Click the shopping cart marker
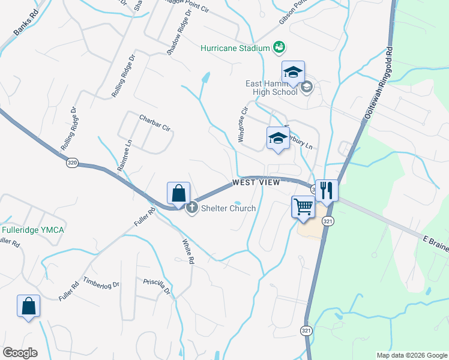(x=304, y=208)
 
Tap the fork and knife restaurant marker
(x=327, y=191)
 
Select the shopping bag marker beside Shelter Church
(x=178, y=194)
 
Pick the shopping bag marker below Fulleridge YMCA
(x=28, y=307)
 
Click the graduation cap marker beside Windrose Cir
(x=278, y=139)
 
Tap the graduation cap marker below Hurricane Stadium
(x=293, y=73)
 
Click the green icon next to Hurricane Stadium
(x=278, y=47)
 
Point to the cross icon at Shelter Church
(x=192, y=208)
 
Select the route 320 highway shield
(x=72, y=162)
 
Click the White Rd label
(x=188, y=252)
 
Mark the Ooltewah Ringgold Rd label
(x=378, y=85)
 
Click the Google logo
(x=20, y=352)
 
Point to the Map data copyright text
(x=411, y=355)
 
